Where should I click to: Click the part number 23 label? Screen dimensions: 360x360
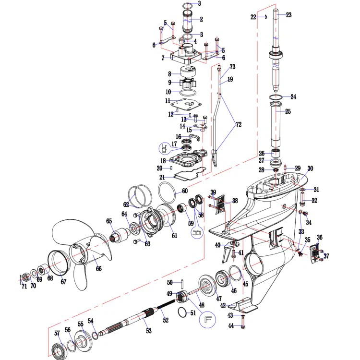pos(288,15)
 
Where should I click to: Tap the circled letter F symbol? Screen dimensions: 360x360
pos(207,319)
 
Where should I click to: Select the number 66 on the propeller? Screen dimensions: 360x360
pos(99,268)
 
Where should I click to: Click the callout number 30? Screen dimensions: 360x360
pos(310,168)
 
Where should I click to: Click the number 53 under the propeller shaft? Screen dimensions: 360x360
pos(149,331)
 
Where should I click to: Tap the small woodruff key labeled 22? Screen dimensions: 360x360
pos(266,17)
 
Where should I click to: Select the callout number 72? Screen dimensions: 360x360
pos(239,124)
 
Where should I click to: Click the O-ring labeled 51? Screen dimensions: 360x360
pos(183,312)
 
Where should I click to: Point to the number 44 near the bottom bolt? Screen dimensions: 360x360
pos(231,325)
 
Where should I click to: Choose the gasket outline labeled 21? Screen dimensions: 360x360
pos(190,175)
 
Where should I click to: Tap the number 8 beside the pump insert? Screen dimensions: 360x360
pos(169,74)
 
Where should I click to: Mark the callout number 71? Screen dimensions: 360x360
pos(24,286)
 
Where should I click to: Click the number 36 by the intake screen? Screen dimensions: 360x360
pos(320,237)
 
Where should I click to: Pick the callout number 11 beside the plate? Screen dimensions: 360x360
pos(168,101)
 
